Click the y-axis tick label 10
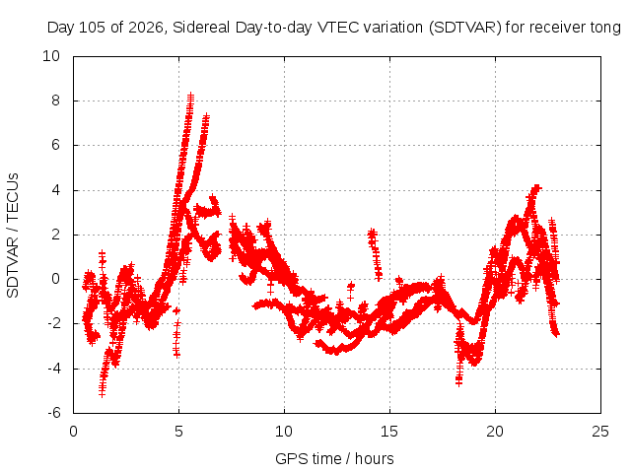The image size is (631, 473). (x=51, y=56)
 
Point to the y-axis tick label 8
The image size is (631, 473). (x=55, y=101)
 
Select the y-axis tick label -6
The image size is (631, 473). (x=53, y=413)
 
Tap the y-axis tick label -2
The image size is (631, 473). (x=53, y=323)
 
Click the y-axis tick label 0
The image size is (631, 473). (x=55, y=279)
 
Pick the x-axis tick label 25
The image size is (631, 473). (x=600, y=432)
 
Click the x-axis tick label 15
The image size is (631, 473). (x=389, y=432)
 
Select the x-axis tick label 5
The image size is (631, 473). (x=178, y=432)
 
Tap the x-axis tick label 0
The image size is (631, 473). (x=73, y=432)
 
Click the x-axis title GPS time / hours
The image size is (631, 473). (x=334, y=458)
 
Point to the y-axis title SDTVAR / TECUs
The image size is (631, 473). (x=13, y=236)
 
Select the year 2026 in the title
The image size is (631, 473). (x=146, y=28)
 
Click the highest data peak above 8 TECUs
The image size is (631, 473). (x=190, y=97)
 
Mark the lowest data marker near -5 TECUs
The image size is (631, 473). (x=102, y=393)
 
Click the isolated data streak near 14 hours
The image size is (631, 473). (x=375, y=254)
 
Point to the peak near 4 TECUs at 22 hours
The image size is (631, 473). (x=536, y=187)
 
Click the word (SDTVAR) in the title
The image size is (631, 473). (x=464, y=28)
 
